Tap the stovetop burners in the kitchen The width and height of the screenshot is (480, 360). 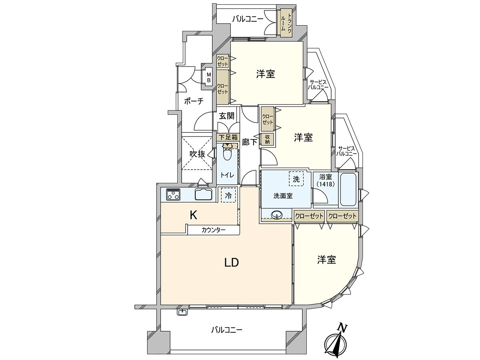pyautogui.click(x=173, y=194)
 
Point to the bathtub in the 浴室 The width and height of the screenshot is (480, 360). pyautogui.click(x=348, y=189)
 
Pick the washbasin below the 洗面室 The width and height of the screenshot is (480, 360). pyautogui.click(x=277, y=215)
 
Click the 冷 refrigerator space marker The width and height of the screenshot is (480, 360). pyautogui.click(x=228, y=195)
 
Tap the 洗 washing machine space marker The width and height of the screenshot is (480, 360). pyautogui.click(x=296, y=178)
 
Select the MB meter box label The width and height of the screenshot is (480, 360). pyautogui.click(x=209, y=77)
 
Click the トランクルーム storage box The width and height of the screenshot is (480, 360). pyautogui.click(x=284, y=23)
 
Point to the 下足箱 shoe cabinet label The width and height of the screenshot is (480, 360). pyautogui.click(x=228, y=137)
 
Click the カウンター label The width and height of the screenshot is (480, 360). pyautogui.click(x=213, y=230)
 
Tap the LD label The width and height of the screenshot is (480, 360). pyautogui.click(x=232, y=262)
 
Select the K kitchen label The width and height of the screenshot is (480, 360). pyautogui.click(x=193, y=216)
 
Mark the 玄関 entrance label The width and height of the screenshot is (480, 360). pyautogui.click(x=227, y=116)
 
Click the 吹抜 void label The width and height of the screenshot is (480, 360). pyautogui.click(x=197, y=154)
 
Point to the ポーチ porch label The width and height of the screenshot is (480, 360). pyautogui.click(x=194, y=101)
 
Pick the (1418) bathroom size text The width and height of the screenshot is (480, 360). pyautogui.click(x=324, y=184)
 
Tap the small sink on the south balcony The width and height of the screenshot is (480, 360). pyautogui.click(x=182, y=312)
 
